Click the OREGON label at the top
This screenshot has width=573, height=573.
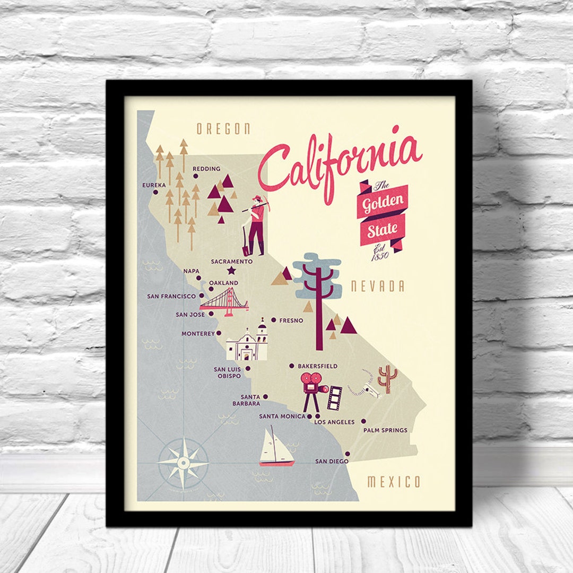tap(223, 129)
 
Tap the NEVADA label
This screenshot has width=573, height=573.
tap(377, 287)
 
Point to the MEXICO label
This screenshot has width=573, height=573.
tap(394, 482)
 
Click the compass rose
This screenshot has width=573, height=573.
tap(184, 463)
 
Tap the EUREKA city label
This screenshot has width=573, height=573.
tap(154, 185)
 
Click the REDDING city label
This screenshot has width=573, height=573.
tap(206, 169)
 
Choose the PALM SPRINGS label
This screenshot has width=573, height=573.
tap(385, 430)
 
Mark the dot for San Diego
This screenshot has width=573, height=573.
tap(348, 454)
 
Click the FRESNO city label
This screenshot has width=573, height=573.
tap(291, 320)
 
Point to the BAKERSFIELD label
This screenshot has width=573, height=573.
tap(317, 366)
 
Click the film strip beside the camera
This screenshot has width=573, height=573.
tap(334, 398)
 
